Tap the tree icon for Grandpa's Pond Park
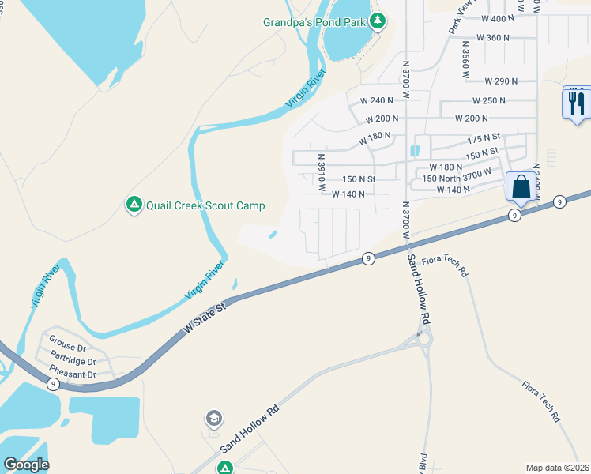click(x=378, y=21)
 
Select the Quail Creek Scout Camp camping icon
click(x=134, y=205)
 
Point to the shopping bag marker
click(x=520, y=187)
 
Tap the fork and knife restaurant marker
click(x=577, y=103)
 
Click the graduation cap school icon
click(x=213, y=418)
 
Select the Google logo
click(x=25, y=465)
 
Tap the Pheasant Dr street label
click(x=73, y=374)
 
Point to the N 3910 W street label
click(x=322, y=172)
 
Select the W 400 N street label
click(x=497, y=18)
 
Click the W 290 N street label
click(x=501, y=81)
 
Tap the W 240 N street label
click(x=377, y=100)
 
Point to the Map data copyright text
click(x=558, y=467)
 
